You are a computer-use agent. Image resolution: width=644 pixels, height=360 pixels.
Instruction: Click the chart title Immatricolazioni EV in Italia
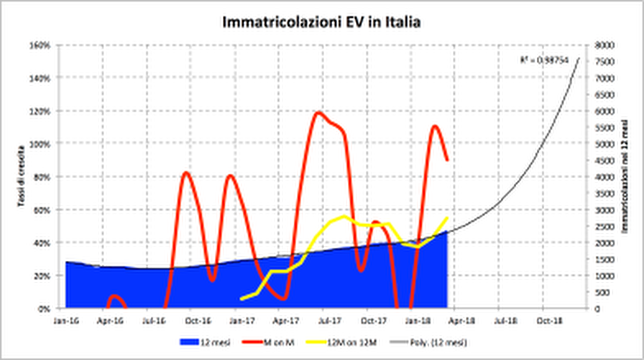(321, 23)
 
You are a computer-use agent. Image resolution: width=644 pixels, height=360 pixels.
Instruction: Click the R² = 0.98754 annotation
(543, 61)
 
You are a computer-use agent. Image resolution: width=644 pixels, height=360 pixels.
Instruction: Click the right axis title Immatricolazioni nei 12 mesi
(625, 177)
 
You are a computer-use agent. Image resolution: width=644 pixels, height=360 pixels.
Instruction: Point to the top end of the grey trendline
(579, 57)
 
